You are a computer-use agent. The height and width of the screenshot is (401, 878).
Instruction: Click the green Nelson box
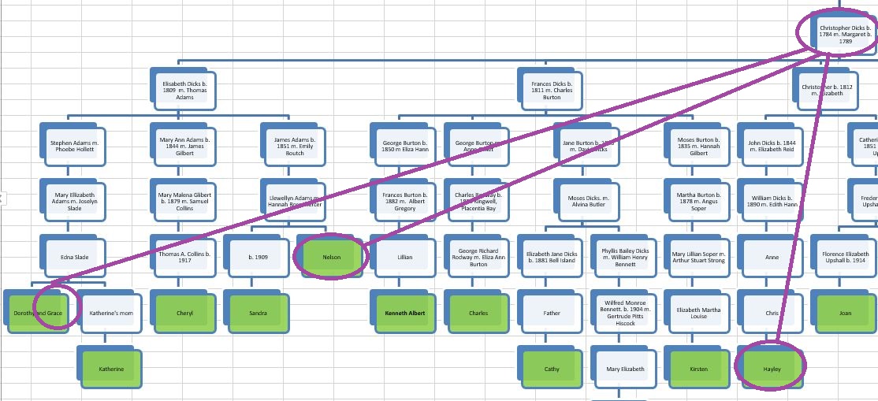pos(331,257)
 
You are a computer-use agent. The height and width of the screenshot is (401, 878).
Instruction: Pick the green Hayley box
pos(772,368)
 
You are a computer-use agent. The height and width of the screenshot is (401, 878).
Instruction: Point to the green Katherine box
pos(110,368)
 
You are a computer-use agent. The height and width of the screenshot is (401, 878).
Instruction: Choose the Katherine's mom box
pos(110,313)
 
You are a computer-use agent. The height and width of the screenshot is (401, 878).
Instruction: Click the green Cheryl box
pos(184,313)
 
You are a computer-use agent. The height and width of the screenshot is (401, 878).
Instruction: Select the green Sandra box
pos(258,313)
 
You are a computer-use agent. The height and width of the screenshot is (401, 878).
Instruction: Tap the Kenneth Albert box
pos(404,313)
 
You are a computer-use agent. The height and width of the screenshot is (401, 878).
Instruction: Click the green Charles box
pos(478,313)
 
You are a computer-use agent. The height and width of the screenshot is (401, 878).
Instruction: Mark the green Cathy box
pos(552,368)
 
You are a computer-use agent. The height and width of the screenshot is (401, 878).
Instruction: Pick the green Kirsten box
pos(698,368)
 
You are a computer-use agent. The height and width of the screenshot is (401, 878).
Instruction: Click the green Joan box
pos(845,313)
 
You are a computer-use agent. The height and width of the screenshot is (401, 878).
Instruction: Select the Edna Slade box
pos(73,257)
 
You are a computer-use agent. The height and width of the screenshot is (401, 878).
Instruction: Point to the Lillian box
pos(404,257)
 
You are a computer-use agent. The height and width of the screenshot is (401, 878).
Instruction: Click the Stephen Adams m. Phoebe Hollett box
pos(73,147)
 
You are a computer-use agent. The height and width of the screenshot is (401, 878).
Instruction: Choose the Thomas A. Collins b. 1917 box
pos(184,257)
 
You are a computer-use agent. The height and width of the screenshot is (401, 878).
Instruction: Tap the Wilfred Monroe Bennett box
pos(625,313)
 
